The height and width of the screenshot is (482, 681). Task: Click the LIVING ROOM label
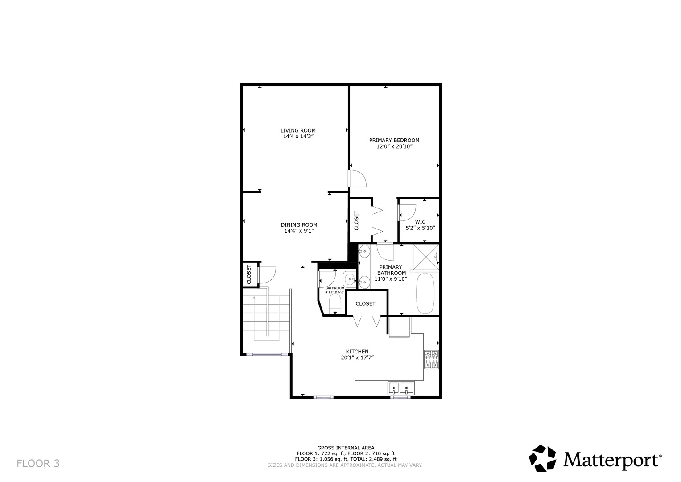tap(298, 130)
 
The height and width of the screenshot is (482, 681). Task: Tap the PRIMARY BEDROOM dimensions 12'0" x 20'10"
tap(394, 146)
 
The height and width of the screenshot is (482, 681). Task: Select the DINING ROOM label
tap(299, 224)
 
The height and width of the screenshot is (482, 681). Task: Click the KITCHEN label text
tap(357, 351)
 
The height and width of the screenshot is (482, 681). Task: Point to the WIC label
tap(420, 222)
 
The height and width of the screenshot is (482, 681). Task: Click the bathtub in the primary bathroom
tap(425, 293)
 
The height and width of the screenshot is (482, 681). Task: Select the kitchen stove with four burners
tap(431, 360)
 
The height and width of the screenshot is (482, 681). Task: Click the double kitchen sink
tap(400, 387)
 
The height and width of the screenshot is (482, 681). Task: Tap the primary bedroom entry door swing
tap(357, 179)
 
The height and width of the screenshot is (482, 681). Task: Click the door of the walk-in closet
tap(407, 212)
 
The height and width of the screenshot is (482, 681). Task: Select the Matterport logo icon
tap(542, 458)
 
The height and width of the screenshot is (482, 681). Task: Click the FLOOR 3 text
tap(38, 463)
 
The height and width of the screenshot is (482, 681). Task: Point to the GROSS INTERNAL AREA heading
tap(346, 447)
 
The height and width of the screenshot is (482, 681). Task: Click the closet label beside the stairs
tap(249, 275)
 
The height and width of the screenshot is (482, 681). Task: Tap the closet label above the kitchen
tap(365, 303)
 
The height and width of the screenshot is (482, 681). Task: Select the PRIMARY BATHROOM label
tap(391, 270)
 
